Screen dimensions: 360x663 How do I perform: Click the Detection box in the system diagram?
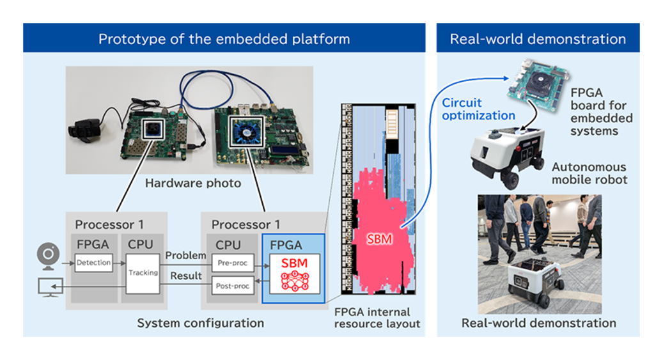93,262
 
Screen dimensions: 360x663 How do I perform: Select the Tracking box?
143,273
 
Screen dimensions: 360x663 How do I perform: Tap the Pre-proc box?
233,262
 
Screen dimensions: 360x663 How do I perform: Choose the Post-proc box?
233,285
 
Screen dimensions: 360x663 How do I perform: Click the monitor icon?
49,286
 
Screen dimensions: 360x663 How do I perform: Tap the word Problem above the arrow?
185,255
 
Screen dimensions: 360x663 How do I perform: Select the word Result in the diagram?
185,276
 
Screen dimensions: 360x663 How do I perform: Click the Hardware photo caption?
192,184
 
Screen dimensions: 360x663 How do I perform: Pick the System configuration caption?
200,323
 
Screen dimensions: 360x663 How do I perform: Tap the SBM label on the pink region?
380,240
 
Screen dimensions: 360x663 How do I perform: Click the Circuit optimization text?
478,109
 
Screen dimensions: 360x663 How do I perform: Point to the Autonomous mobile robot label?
589,173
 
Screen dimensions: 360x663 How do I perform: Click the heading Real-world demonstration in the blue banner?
538,39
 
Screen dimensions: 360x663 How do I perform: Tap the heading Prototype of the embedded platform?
224,39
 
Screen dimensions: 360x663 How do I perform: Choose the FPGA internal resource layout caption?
377,318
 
